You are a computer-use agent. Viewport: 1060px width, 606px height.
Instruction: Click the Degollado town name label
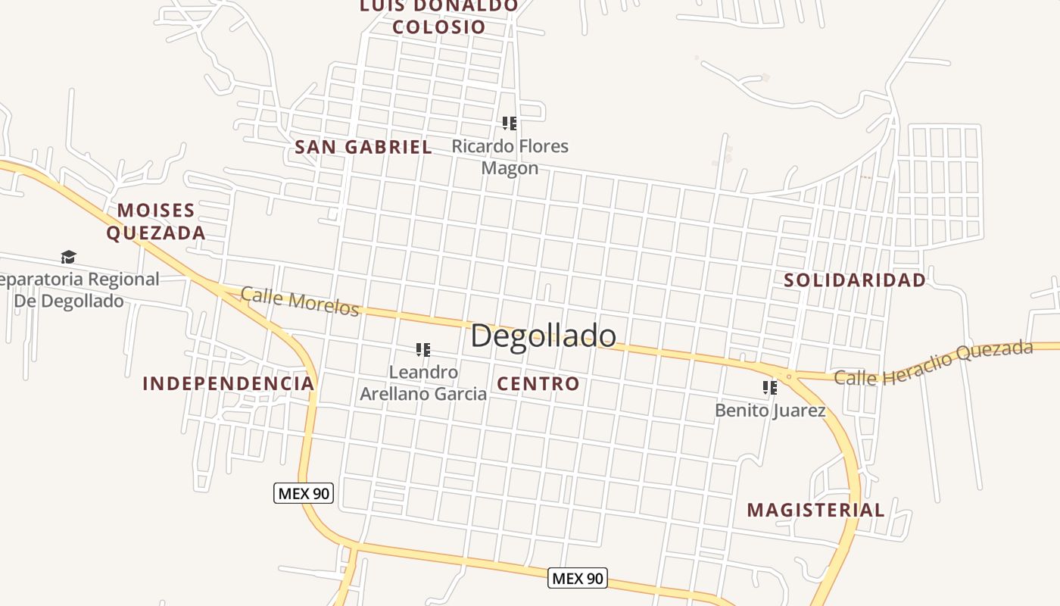543,336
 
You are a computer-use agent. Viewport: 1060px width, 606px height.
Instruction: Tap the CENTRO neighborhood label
538,384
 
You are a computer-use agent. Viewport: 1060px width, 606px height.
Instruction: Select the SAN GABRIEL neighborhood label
363,147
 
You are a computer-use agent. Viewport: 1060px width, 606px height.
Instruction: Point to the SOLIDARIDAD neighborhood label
855,280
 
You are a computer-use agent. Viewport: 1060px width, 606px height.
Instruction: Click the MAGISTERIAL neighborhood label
815,510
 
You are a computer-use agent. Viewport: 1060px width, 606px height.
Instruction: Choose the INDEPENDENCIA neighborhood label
228,383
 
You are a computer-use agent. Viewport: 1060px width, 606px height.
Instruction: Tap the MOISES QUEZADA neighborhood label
156,221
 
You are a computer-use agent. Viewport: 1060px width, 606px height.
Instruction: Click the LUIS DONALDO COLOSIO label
439,17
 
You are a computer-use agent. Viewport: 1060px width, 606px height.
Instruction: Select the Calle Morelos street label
300,301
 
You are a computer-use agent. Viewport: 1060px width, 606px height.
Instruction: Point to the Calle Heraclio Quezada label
934,363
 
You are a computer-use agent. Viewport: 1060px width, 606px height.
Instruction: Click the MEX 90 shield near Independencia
303,494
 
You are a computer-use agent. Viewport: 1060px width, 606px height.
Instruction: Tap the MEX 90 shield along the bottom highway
577,579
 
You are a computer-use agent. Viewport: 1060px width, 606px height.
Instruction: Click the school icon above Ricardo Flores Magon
510,123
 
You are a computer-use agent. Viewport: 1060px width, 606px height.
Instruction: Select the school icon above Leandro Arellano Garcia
423,349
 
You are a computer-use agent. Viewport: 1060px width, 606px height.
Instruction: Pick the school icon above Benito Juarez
770,388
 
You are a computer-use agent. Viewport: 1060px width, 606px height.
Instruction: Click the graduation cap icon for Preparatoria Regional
68,257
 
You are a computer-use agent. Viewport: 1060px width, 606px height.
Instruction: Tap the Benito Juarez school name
770,411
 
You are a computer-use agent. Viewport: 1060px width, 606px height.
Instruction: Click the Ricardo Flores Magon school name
510,157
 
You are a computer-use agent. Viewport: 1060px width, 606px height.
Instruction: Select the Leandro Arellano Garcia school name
423,383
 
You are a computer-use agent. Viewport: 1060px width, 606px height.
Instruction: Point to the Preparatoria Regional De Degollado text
76,290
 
